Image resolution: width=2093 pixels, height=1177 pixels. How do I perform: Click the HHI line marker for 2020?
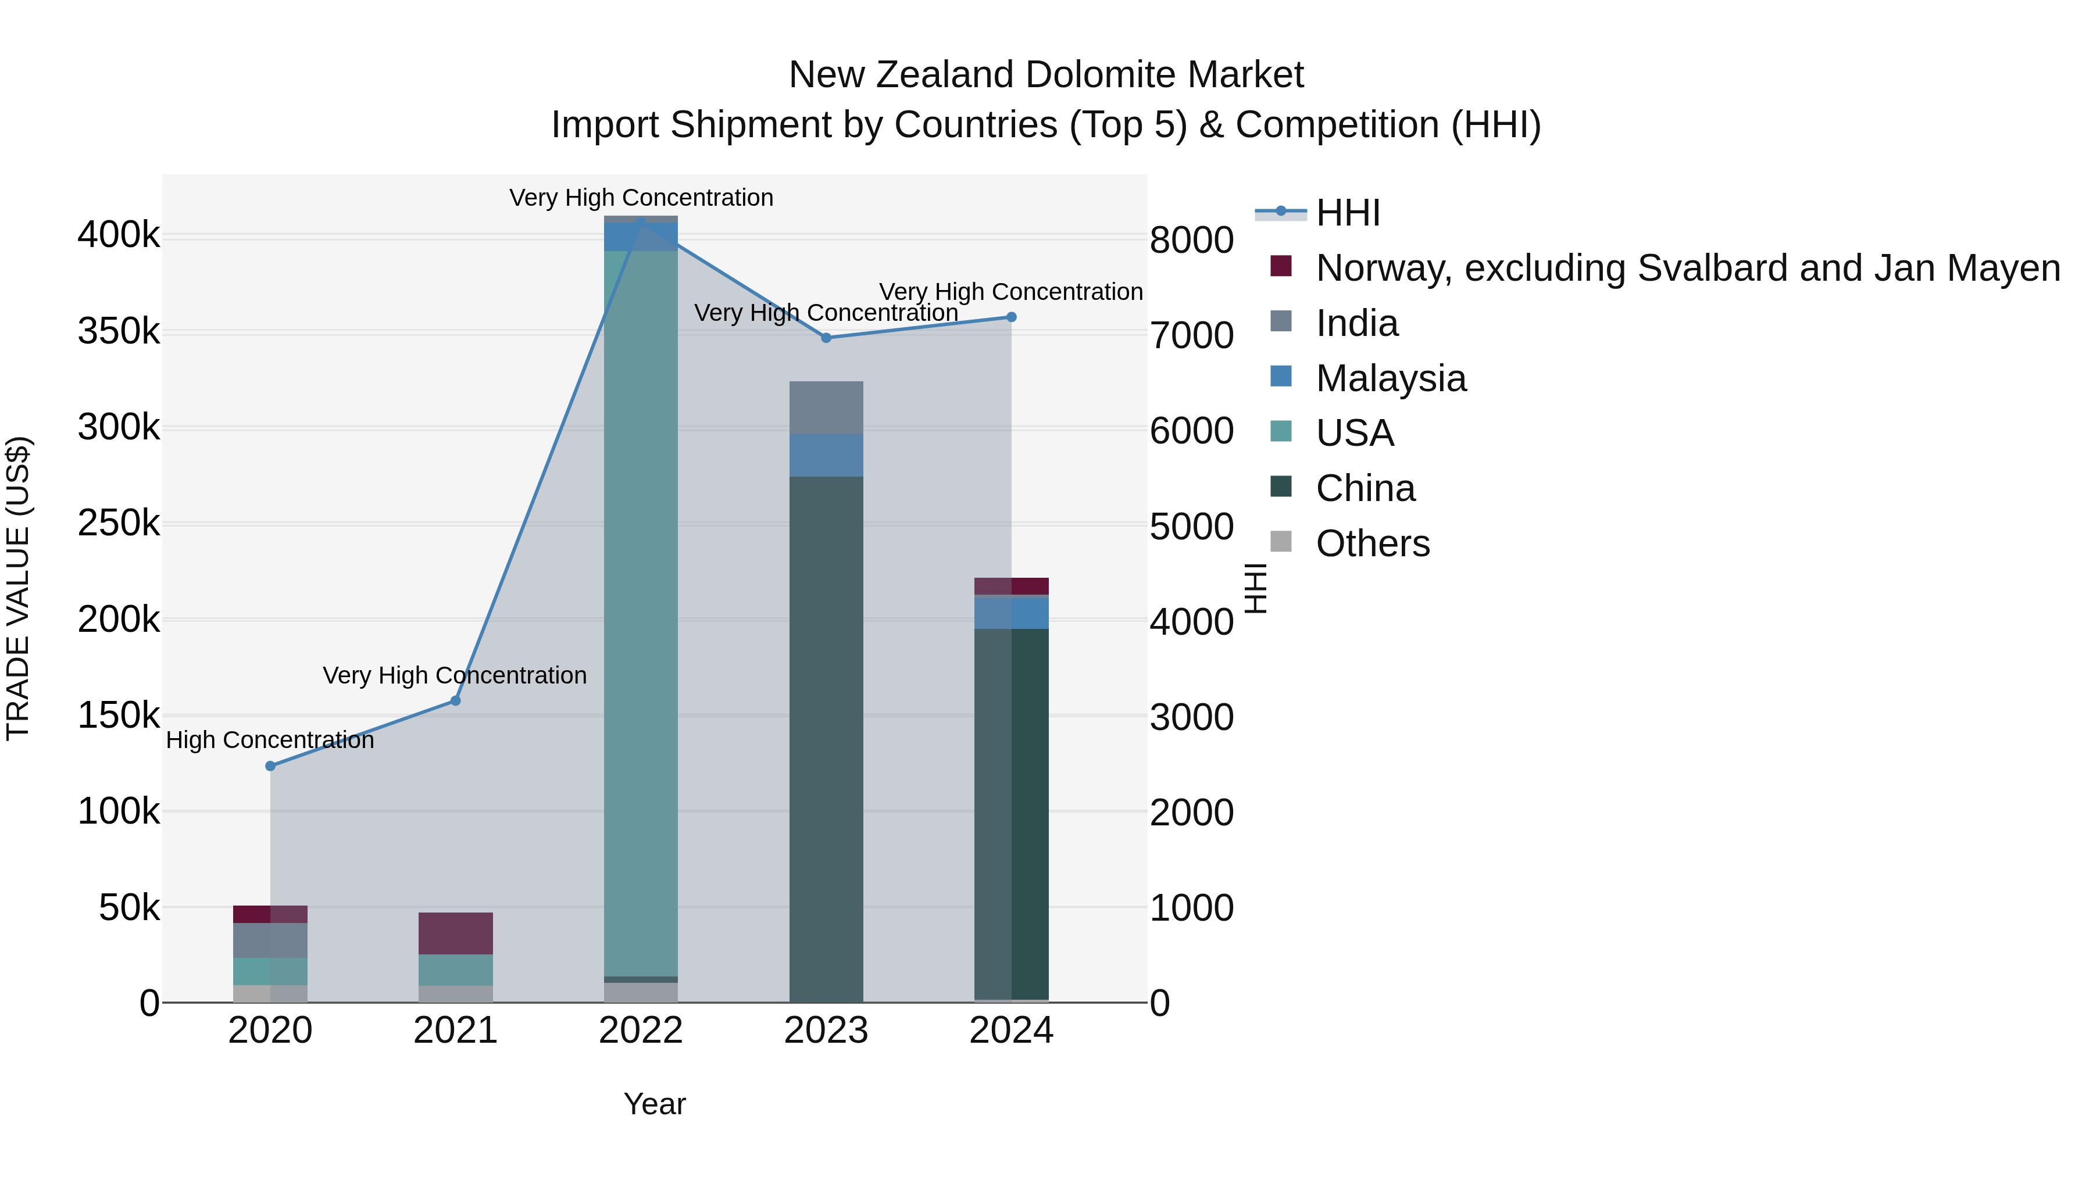click(x=270, y=766)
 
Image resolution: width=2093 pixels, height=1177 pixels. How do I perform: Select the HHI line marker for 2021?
click(x=456, y=700)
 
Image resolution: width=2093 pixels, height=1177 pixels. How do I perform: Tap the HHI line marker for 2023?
click(x=826, y=337)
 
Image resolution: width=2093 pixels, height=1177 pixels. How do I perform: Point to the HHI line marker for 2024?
click(x=1012, y=317)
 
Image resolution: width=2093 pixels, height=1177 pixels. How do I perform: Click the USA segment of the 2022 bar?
click(x=641, y=609)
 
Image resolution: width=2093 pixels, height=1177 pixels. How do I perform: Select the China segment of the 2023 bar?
click(x=826, y=731)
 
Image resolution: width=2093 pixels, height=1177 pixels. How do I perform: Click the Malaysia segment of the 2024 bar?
click(x=1012, y=611)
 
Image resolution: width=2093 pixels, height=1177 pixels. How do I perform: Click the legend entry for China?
click(x=1365, y=488)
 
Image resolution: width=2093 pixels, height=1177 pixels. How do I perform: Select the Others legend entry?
click(x=1372, y=543)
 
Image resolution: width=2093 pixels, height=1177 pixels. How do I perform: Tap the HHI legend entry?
click(x=1347, y=213)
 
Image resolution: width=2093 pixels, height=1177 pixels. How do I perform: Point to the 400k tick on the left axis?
click(x=119, y=235)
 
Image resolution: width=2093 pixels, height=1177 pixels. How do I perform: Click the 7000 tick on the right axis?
click(x=1191, y=335)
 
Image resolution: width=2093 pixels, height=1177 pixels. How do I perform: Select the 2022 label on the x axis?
click(x=641, y=1031)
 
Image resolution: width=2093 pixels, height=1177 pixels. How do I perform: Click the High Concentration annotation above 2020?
click(x=270, y=740)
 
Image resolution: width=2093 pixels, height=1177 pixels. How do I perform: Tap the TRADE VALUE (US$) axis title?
click(x=18, y=588)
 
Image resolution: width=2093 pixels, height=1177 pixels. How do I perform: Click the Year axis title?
click(x=654, y=1104)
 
